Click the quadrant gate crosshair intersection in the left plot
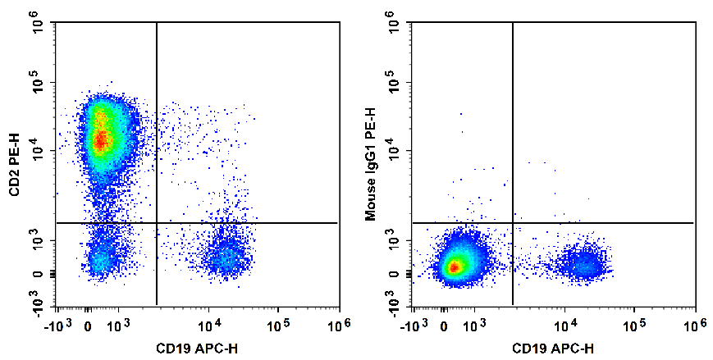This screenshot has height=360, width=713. pyautogui.click(x=156, y=222)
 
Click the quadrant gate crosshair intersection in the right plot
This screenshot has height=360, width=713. pyautogui.click(x=513, y=222)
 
